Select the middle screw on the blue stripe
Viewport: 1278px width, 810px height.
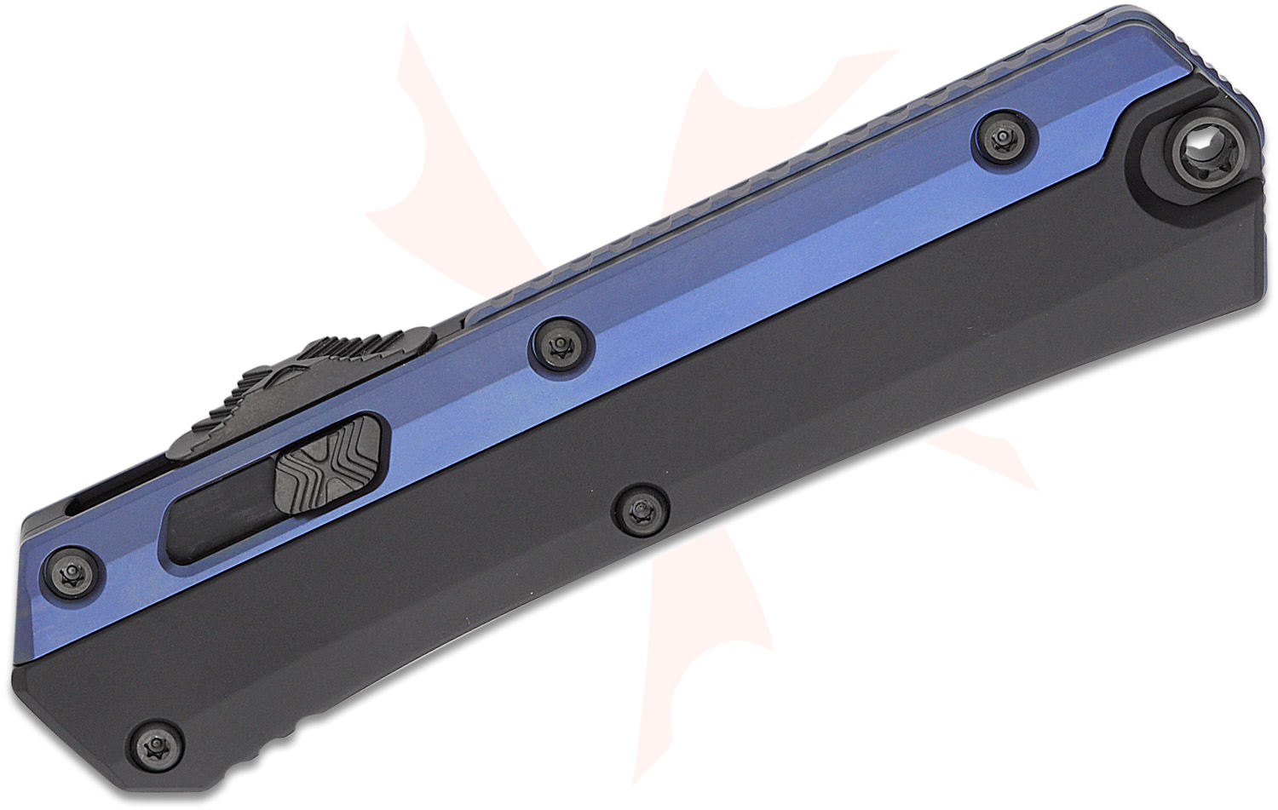point(558,344)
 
